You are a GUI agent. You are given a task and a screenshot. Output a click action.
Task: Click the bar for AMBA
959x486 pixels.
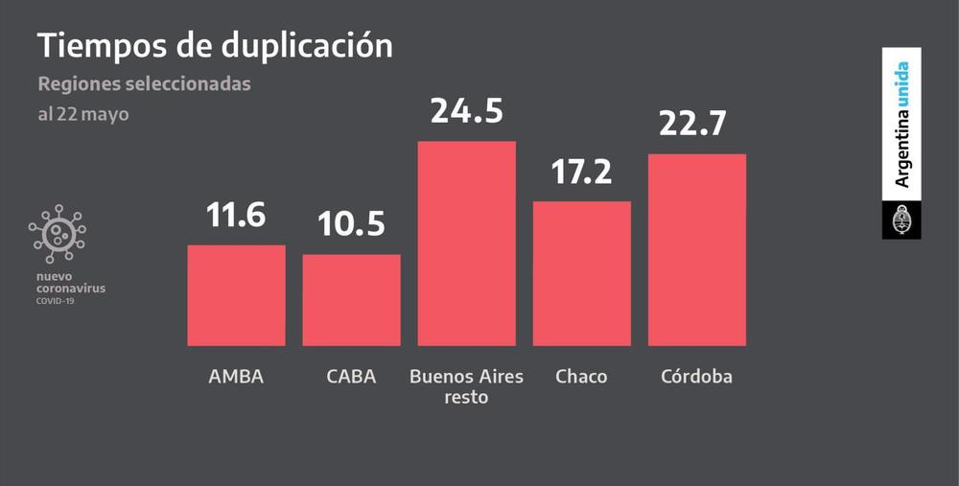pos(236,295)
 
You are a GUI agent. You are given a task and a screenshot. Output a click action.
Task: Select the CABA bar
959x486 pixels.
pos(352,300)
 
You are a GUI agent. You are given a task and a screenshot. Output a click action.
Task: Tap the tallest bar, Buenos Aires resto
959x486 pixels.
pos(467,243)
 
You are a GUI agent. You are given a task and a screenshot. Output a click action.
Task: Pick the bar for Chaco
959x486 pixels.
pos(582,273)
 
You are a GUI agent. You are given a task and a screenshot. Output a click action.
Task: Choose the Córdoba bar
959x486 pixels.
pos(697,249)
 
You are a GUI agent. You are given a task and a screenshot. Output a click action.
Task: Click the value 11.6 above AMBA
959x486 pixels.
pos(236,215)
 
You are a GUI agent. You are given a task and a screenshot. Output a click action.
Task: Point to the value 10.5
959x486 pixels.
pos(352,224)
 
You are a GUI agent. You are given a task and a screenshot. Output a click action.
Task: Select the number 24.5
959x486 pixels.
pos(467,111)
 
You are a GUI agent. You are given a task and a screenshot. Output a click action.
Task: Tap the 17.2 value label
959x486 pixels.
pos(582,172)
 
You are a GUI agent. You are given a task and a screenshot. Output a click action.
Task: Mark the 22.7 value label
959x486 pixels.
pos(697,124)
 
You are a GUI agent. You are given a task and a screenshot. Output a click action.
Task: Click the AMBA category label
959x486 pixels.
pos(236,377)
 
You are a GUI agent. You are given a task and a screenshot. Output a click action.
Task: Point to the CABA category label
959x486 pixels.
pos(352,377)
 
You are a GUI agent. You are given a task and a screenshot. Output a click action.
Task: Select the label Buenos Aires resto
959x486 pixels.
pos(467,385)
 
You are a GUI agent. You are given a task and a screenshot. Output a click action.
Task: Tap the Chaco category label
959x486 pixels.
pos(581,377)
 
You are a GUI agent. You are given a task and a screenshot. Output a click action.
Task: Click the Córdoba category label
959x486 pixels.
pos(696,377)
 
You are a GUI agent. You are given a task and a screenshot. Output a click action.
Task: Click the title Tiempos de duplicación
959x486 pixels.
pos(215,45)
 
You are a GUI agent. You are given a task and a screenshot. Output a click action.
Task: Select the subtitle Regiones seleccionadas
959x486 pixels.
pos(144,84)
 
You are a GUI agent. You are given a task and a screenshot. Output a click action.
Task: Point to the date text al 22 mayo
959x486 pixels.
pos(83,114)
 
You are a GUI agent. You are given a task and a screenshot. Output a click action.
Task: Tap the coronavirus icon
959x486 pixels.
pos(58,233)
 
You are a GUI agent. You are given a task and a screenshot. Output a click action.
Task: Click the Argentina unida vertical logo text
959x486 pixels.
pos(901,125)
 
